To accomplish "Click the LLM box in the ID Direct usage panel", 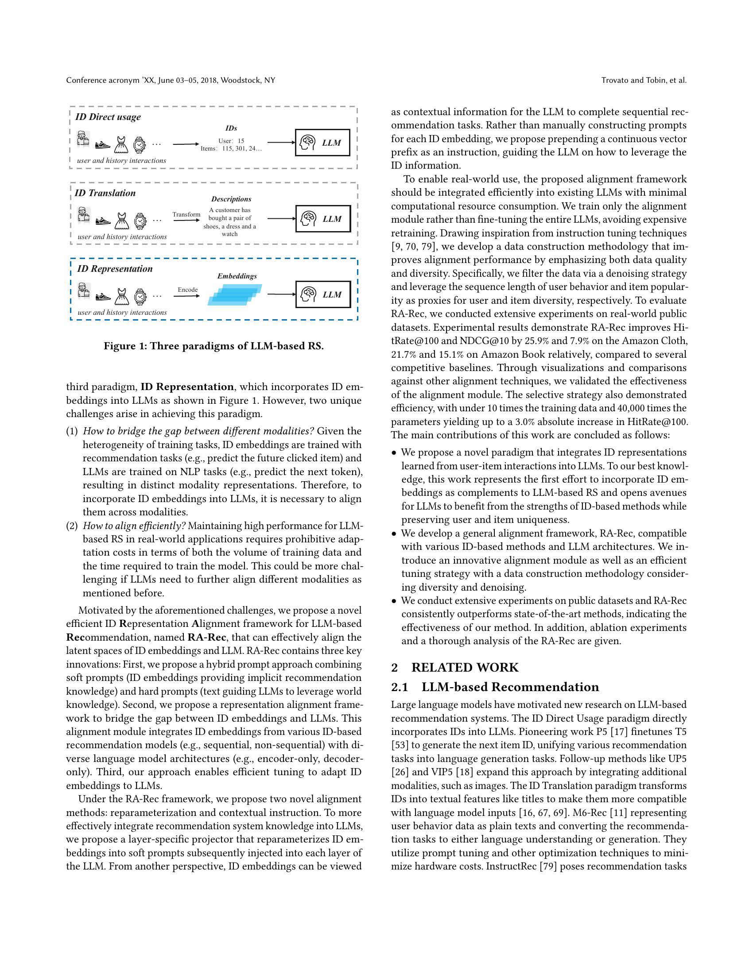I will pos(322,143).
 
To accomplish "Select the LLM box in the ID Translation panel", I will pos(323,219).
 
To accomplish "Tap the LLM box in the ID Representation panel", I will pos(323,294).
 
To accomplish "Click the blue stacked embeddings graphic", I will pos(235,295).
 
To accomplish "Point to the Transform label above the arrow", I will pos(186,215).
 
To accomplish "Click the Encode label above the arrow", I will pos(187,290).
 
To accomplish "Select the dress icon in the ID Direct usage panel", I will pos(121,144).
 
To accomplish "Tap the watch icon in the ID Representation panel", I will pos(140,296).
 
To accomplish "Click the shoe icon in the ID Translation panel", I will pos(103,221).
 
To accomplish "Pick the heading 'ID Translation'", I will pos(105,193).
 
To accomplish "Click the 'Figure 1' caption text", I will pos(213,346).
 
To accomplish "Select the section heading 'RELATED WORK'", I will pos(464,668).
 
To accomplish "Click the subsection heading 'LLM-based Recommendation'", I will pos(510,687).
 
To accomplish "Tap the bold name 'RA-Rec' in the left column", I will pos(206,637).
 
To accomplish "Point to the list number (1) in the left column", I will pos(72,431).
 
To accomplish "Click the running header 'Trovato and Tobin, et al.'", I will pos(644,81).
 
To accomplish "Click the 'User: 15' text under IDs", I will pos(231,141).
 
